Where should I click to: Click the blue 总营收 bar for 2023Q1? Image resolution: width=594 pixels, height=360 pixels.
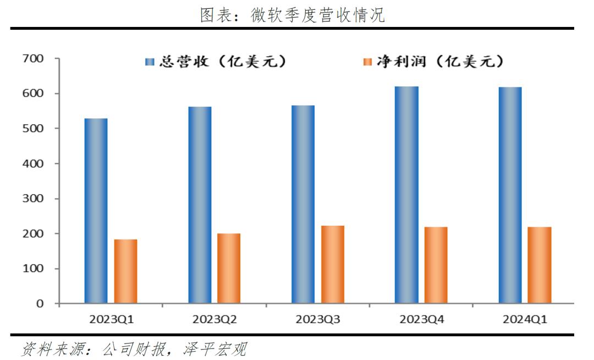(x=96, y=211)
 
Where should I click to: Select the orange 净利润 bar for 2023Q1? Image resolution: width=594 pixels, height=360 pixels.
(x=125, y=271)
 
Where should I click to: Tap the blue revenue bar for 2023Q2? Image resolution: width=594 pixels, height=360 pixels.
(x=200, y=205)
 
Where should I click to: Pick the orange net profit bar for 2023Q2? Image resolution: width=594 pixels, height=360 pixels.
(x=229, y=269)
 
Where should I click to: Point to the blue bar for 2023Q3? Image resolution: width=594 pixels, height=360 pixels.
(x=303, y=204)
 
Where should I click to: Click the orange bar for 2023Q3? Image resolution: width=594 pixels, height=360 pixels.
(x=333, y=265)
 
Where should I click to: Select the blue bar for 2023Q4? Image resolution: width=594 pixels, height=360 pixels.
(x=406, y=195)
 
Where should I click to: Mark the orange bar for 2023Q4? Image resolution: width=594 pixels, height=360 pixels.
(x=436, y=265)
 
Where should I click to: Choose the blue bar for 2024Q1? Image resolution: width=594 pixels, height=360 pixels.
(x=510, y=195)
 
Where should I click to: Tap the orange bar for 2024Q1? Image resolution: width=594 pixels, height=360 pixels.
(x=540, y=265)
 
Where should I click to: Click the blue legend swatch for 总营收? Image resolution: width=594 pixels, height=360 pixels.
(x=150, y=62)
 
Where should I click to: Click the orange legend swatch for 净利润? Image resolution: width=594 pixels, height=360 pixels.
(x=367, y=62)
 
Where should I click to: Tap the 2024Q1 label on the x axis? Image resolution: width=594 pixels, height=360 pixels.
(x=525, y=319)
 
